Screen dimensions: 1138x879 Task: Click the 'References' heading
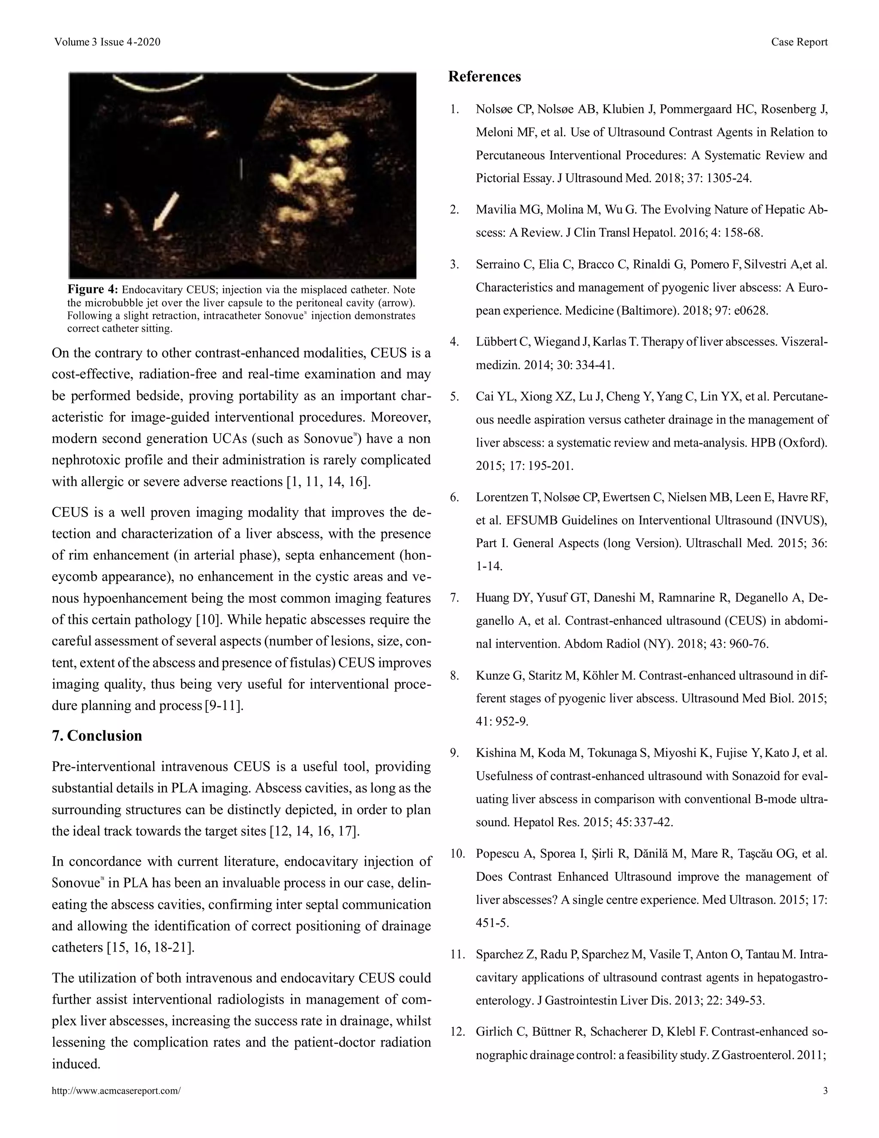pyautogui.click(x=484, y=76)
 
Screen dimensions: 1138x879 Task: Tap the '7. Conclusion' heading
pyautogui.click(x=97, y=736)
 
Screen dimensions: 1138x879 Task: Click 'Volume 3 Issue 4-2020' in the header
pyautogui.click(x=107, y=42)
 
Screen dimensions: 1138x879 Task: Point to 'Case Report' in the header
pyautogui.click(x=799, y=42)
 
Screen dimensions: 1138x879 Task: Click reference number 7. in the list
pyautogui.click(x=455, y=598)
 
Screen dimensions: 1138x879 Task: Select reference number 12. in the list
pyautogui.click(x=457, y=1032)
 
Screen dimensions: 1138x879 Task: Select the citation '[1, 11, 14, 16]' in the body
pyautogui.click(x=329, y=481)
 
